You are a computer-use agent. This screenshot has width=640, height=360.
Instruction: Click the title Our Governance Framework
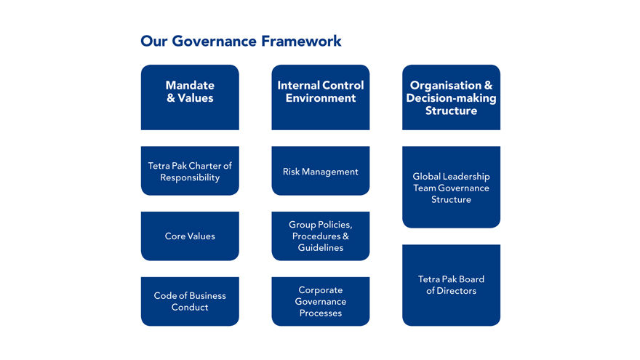(241, 41)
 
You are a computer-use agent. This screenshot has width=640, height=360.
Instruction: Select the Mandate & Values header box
(190, 97)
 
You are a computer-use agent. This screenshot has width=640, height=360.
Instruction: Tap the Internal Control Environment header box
(321, 97)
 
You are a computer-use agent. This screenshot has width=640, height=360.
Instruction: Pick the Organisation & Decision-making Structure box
(451, 97)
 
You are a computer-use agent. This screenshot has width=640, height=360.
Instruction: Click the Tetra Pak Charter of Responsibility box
(190, 171)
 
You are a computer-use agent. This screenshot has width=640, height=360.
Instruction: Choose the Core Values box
(190, 236)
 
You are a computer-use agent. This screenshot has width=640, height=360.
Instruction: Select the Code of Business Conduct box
(190, 301)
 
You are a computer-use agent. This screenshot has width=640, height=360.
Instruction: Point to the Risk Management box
(321, 171)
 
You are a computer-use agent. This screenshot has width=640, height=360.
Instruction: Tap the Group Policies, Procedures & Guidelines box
(321, 236)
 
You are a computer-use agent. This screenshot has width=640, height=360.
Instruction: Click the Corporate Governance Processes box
(321, 301)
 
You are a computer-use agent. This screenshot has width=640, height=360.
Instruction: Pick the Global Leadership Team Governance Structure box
(451, 187)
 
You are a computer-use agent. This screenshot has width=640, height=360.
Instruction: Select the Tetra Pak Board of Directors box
(451, 285)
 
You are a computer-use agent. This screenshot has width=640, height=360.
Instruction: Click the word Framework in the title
(301, 41)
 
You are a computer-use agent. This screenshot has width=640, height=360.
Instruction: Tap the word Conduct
(190, 307)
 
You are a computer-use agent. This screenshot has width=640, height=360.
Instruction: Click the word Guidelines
(321, 247)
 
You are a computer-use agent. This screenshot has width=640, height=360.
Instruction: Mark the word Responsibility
(190, 177)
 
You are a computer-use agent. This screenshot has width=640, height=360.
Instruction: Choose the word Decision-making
(451, 98)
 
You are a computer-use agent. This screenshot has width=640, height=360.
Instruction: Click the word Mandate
(190, 85)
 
